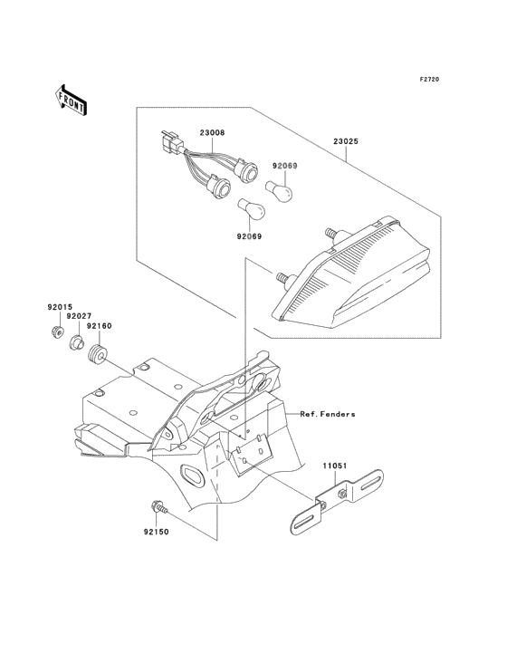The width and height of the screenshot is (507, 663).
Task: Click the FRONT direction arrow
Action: click(71, 100)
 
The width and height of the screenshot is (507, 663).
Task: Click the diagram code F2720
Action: click(429, 79)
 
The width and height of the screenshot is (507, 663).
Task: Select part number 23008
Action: click(212, 133)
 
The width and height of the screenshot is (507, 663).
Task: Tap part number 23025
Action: click(346, 141)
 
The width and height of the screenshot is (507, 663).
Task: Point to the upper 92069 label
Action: click(285, 166)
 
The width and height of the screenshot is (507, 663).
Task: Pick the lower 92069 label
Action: click(249, 236)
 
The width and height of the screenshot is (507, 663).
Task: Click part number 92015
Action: click(60, 307)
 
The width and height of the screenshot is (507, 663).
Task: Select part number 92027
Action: click(79, 316)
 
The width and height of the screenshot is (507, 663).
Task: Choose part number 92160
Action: click(99, 326)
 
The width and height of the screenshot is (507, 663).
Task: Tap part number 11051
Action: click(335, 466)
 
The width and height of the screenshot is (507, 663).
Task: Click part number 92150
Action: click(156, 532)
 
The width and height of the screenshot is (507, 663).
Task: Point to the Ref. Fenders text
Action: click(328, 415)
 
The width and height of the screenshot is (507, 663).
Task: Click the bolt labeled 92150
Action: click(158, 507)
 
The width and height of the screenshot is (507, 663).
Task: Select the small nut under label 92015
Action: click(56, 331)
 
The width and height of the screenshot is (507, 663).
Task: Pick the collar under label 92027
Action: click(76, 342)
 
